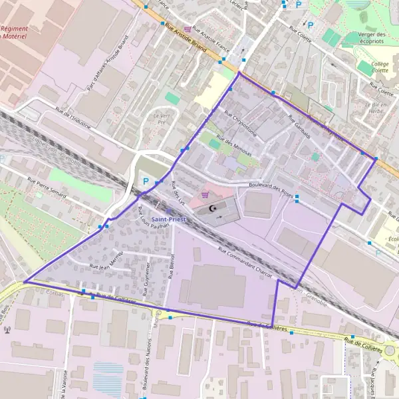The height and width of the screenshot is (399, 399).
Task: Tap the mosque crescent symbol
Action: click(213, 209)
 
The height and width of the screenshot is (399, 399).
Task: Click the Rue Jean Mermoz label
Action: click(108, 259)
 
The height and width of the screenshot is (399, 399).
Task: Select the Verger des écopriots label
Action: click(371, 38)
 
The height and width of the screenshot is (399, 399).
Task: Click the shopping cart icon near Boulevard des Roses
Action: click(205, 195)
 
